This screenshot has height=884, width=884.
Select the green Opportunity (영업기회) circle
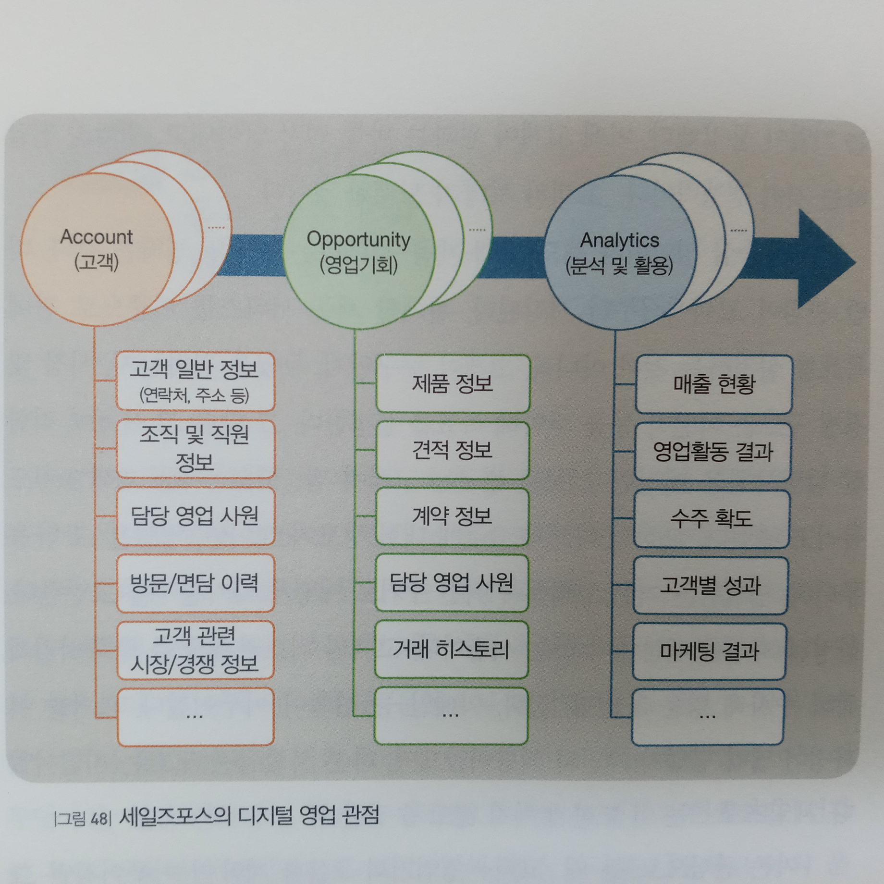click(x=358, y=252)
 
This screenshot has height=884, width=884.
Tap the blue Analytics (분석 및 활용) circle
click(x=620, y=253)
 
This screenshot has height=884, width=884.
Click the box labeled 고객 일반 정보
click(x=195, y=381)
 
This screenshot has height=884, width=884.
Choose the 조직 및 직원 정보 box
click(x=195, y=449)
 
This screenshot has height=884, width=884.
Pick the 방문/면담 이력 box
click(x=195, y=583)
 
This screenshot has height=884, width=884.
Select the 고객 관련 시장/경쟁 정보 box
click(x=195, y=650)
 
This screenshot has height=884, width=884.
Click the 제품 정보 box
click(x=453, y=383)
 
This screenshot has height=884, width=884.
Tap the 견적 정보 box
click(x=453, y=450)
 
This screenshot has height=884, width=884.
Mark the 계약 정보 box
click(x=453, y=516)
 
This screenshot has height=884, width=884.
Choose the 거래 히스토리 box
click(x=452, y=650)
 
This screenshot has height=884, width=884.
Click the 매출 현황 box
click(x=713, y=384)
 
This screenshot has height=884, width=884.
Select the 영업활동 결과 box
click(x=712, y=452)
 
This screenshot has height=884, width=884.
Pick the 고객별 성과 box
click(x=711, y=585)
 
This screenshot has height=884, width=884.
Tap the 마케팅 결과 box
click(x=710, y=651)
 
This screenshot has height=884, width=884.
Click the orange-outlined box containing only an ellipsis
click(x=195, y=716)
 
